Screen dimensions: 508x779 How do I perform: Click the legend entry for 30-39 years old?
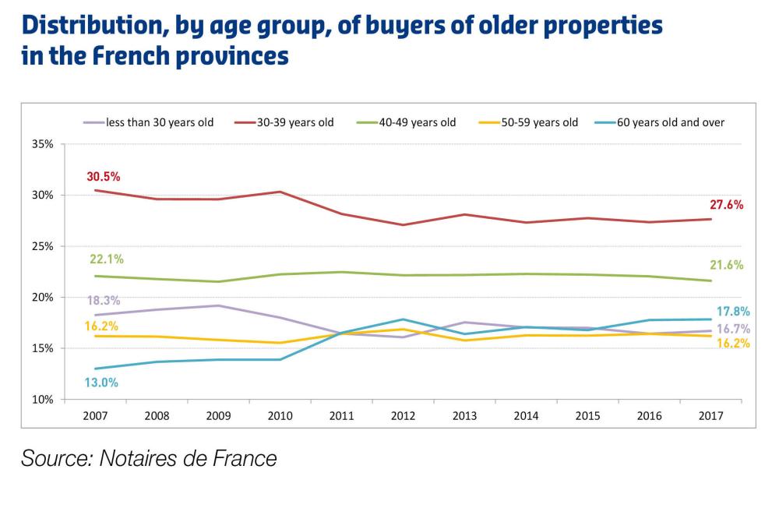(295, 122)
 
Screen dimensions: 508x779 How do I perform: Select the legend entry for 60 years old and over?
(670, 122)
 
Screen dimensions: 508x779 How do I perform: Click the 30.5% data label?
(104, 176)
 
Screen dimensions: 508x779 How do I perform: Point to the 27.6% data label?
(727, 206)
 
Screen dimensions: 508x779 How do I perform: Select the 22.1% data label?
(107, 259)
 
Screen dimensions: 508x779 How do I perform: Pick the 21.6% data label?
(727, 265)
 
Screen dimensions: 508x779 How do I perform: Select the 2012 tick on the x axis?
(403, 416)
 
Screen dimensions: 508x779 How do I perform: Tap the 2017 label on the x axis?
(710, 416)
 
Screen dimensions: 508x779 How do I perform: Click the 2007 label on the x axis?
(96, 416)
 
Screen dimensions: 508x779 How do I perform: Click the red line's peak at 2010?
(280, 192)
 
